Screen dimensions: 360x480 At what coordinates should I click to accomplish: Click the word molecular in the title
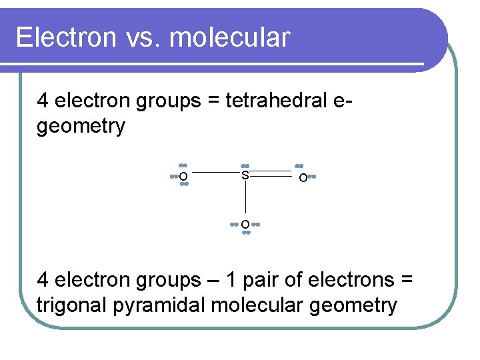tap(230, 38)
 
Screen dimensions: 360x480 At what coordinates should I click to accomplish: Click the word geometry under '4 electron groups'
tap(81, 126)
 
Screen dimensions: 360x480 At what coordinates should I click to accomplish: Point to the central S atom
tap(245, 175)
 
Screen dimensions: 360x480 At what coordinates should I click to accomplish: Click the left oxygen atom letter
tap(183, 177)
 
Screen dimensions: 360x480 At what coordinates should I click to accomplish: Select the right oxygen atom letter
tap(303, 178)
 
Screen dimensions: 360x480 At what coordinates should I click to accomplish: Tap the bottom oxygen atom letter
tap(245, 224)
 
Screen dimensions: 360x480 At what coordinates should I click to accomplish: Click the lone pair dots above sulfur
tap(245, 165)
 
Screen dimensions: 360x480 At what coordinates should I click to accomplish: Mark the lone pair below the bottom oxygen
tap(245, 233)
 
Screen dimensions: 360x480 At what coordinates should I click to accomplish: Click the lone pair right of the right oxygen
tap(312, 177)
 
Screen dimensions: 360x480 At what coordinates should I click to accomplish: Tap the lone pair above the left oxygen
tap(183, 165)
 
